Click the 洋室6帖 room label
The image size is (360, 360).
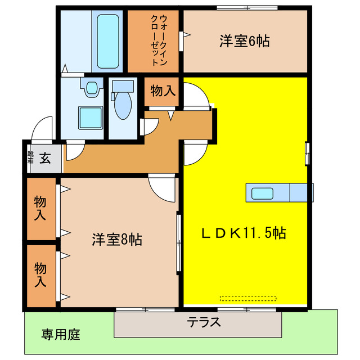(244, 41)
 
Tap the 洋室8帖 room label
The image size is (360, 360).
(117, 240)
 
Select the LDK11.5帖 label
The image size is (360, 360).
(244, 232)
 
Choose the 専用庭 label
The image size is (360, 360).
(61, 335)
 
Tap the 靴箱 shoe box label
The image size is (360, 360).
(30, 156)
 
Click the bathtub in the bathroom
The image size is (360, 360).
(107, 40)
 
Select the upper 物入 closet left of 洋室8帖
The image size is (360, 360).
(40, 208)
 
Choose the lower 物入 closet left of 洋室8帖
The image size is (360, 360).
(40, 275)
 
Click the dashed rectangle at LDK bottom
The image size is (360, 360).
(248, 298)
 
